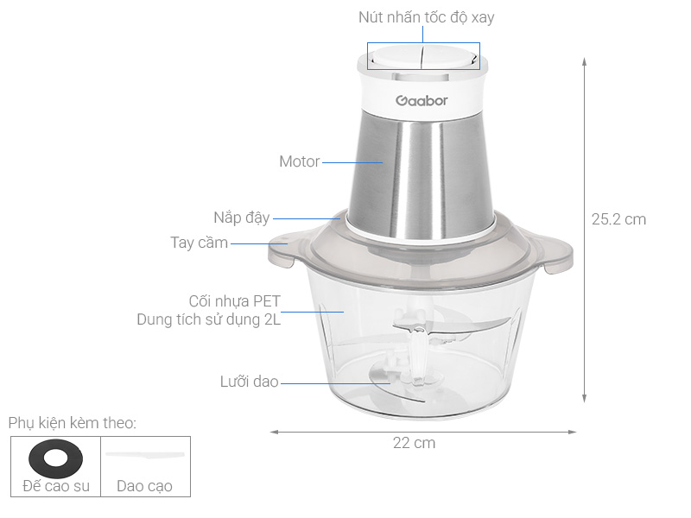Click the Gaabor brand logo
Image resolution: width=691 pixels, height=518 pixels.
422,100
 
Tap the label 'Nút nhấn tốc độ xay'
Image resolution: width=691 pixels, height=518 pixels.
426,17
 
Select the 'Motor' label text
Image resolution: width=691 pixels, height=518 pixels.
299,161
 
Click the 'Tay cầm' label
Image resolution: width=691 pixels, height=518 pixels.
199,243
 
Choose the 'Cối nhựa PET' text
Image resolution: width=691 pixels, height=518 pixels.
234,301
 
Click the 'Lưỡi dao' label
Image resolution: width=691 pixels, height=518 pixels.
249,381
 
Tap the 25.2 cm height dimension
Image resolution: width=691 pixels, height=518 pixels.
618,219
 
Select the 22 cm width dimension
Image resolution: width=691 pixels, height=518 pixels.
414,443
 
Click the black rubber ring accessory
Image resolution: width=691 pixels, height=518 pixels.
54,457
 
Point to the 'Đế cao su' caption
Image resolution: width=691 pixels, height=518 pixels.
54,486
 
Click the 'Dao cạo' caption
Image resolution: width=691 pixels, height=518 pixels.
144,486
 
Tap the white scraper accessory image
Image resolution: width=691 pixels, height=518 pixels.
144,455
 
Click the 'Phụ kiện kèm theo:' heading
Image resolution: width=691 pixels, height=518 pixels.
73,423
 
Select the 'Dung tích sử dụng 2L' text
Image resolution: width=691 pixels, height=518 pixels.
209,319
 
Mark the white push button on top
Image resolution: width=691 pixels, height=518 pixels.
422,58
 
